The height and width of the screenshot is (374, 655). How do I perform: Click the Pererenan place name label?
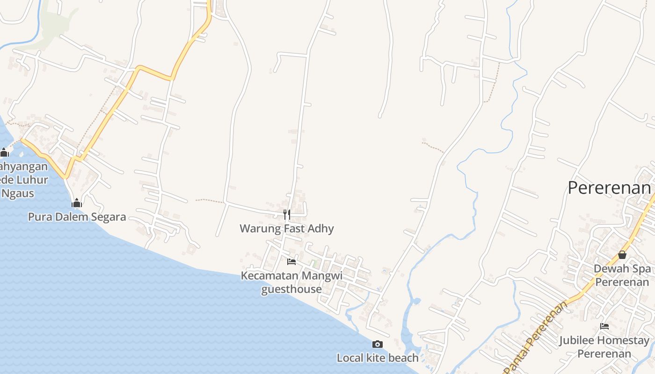[x=609, y=188]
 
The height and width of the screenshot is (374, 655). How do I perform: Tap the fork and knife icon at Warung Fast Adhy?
[x=287, y=215]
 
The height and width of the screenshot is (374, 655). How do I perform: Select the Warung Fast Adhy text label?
[x=287, y=229]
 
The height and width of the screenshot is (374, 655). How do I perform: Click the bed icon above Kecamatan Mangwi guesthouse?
[x=291, y=262]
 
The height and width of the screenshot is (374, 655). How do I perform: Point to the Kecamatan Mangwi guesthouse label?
[x=291, y=282]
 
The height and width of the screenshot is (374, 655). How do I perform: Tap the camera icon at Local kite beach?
[x=378, y=345]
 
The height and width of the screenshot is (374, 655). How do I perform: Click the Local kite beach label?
[x=378, y=358]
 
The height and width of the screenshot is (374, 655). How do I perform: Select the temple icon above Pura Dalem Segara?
[x=77, y=203]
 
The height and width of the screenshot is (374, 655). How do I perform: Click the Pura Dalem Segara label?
[x=77, y=217]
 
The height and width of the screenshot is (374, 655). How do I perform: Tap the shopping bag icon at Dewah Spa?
[x=622, y=255]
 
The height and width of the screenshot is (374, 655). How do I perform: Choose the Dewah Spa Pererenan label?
[x=622, y=275]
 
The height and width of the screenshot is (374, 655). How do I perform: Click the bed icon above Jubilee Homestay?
[x=604, y=326]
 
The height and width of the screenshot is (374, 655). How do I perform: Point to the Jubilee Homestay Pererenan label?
[x=604, y=347]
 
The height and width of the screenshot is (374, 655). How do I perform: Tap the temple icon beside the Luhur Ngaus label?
[x=5, y=152]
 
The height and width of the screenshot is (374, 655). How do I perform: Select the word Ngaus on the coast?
[x=18, y=193]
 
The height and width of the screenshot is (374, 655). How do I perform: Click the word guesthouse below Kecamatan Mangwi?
[x=291, y=289]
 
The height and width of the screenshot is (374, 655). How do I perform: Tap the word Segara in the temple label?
[x=109, y=217]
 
